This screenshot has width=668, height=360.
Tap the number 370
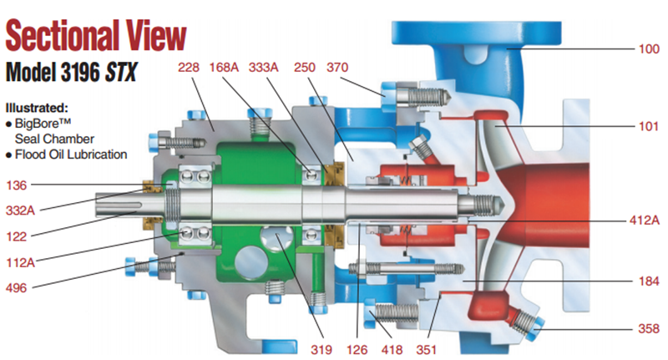click(x=337, y=67)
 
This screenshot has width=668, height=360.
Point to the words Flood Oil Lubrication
click(x=72, y=154)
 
